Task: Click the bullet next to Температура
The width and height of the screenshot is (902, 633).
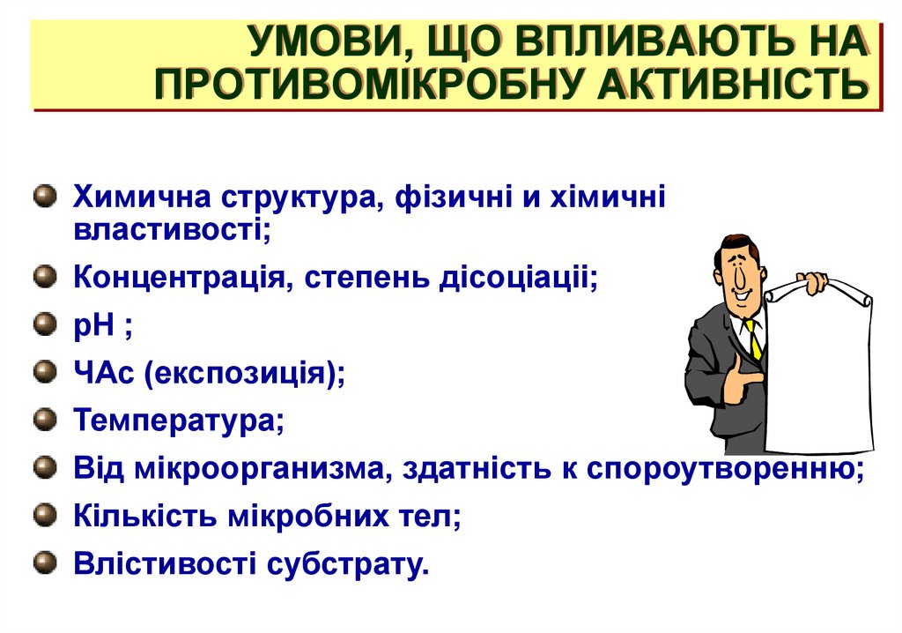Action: [43, 418]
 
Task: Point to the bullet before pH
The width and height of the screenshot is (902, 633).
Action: [43, 326]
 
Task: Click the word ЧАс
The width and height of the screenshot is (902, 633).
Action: [103, 373]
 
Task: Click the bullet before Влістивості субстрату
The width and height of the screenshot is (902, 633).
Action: [43, 560]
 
